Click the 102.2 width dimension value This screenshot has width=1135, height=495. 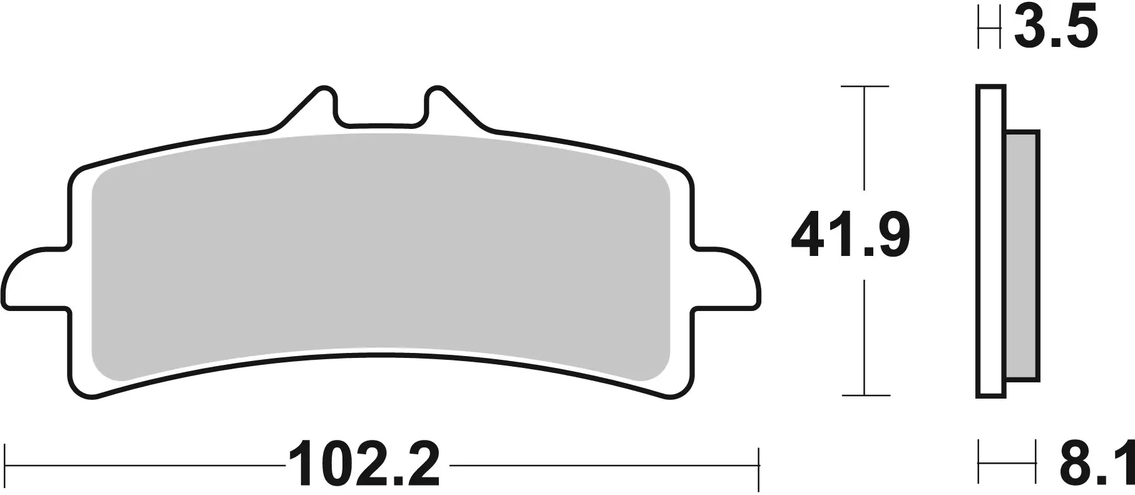point(364,466)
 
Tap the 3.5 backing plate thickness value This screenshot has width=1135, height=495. point(1055,28)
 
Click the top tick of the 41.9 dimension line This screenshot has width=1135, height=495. point(865,86)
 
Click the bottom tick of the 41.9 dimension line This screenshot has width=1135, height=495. point(865,395)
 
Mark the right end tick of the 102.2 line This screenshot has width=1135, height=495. point(758,466)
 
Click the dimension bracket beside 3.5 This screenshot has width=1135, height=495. point(988,29)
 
